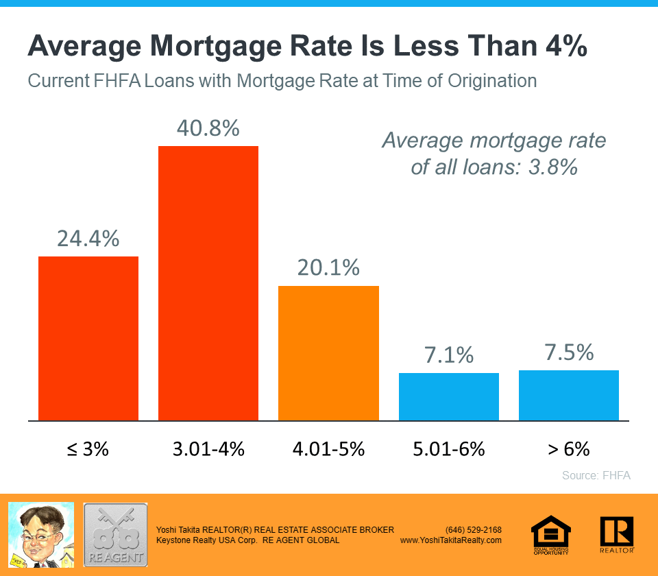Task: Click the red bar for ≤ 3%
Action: [88, 338]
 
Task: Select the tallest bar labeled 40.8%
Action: [208, 283]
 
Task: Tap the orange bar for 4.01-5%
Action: [328, 353]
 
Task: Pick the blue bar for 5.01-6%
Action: [449, 396]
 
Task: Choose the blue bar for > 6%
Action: [569, 395]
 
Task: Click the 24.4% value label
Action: [88, 238]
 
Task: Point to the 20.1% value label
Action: [328, 267]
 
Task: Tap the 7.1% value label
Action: [449, 355]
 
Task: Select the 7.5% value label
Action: [569, 352]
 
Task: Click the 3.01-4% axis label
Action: [208, 449]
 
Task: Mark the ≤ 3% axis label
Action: [88, 449]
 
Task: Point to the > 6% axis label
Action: [569, 449]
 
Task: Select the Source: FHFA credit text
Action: [596, 475]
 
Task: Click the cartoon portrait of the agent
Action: [40, 535]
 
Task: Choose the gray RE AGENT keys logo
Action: [115, 535]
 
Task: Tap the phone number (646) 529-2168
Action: [473, 530]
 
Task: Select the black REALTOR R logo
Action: [616, 534]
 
